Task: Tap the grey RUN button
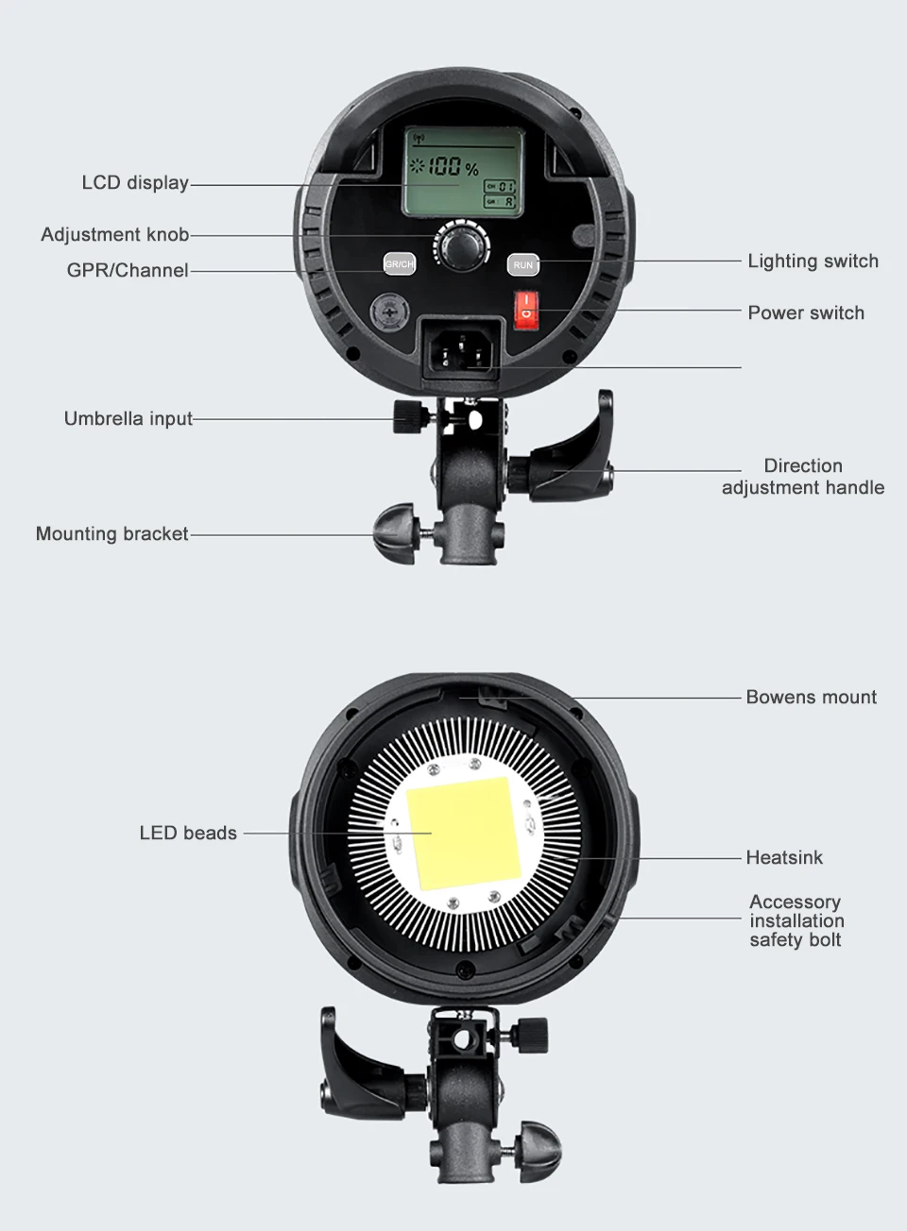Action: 523,265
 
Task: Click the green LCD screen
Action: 461,171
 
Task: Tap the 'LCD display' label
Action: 135,183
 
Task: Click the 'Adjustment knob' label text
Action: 114,234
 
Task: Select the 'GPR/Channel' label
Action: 128,271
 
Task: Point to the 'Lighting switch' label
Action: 813,261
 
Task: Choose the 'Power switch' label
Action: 806,313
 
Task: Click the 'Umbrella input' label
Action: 128,418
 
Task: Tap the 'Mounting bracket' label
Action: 111,534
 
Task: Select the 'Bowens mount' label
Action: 811,698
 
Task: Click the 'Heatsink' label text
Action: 784,858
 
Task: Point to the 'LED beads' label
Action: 188,834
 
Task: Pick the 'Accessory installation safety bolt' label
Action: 796,921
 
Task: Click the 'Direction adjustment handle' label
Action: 803,477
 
